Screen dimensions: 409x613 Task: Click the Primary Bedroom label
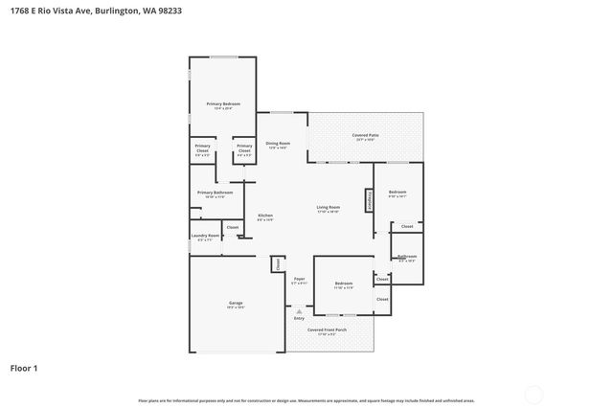223,103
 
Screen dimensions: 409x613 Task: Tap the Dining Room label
278,144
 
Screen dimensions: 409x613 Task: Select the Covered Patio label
364,136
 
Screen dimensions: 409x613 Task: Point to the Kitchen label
265,216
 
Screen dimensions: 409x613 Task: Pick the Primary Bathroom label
215,193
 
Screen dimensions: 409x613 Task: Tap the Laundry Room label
206,236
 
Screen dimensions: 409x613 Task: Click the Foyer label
299,279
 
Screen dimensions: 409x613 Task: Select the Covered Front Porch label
327,329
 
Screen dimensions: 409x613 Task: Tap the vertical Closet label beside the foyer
276,263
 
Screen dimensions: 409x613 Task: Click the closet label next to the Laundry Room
233,227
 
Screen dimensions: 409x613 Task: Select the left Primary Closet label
203,148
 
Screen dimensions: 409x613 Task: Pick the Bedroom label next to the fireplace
397,193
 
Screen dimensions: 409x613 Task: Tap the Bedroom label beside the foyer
343,284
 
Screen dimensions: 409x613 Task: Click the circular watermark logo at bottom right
534,393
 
